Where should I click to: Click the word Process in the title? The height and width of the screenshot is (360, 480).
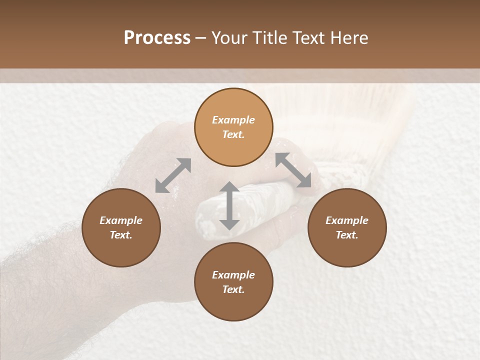tap(157, 38)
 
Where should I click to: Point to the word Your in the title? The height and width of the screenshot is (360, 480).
tap(229, 38)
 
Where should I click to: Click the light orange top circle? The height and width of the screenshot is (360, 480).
tap(233, 127)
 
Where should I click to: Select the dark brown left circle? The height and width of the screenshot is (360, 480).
tap(121, 227)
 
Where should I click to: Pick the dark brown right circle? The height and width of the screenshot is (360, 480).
tap(347, 227)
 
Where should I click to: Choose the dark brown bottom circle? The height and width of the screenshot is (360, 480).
tap(233, 282)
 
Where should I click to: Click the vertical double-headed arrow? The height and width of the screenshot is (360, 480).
tap(229, 205)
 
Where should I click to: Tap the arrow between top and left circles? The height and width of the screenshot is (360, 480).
tap(173, 175)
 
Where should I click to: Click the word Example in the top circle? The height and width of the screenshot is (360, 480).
tap(233, 120)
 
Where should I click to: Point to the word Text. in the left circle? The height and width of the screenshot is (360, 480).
tap(121, 235)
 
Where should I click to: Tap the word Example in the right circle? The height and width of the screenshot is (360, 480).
tap(347, 220)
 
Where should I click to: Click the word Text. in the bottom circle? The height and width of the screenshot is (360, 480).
tap(233, 289)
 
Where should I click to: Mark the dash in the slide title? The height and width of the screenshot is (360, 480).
tap(201, 38)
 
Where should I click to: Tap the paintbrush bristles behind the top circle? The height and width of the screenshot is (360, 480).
tap(295, 115)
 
